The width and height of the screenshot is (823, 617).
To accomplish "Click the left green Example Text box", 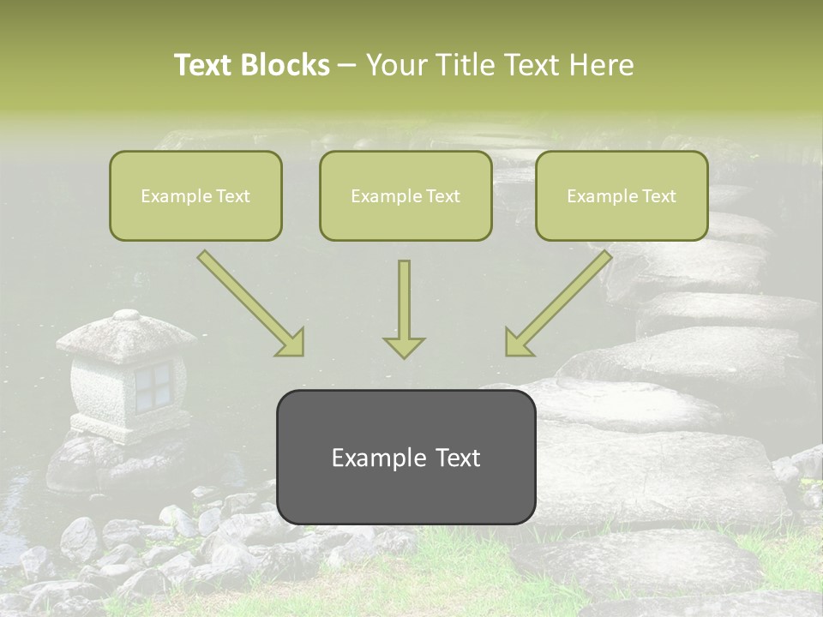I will pos(195,196).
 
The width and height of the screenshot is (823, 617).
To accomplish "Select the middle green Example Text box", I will pos(405,196).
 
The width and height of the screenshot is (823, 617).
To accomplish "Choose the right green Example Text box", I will pos(622,196).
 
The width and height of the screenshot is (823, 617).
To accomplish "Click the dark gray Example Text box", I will pos(405,458).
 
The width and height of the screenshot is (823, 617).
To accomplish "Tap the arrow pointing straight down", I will pos(404,308).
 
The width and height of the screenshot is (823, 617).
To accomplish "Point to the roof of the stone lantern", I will pos(126,334).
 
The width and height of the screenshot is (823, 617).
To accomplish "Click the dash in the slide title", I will pos(347,66).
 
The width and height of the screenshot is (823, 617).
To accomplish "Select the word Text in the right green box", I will pos(658,196).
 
